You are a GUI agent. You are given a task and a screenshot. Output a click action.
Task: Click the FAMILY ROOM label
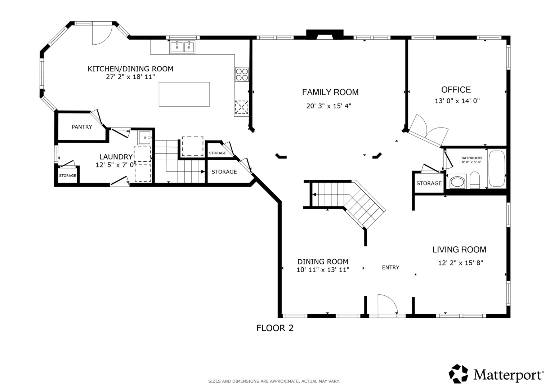(x=330, y=92)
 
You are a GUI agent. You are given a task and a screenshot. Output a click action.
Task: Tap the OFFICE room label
(x=456, y=90)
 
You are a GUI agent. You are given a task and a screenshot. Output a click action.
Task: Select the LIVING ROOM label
(x=459, y=250)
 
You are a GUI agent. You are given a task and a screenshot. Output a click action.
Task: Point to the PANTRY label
(x=82, y=127)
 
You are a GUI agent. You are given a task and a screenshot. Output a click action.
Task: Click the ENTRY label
(x=390, y=267)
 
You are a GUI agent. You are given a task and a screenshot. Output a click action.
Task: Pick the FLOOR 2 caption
(x=275, y=328)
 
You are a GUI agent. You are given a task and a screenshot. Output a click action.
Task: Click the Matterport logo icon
(x=458, y=374)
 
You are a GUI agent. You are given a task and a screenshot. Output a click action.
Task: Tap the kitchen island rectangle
(x=184, y=94)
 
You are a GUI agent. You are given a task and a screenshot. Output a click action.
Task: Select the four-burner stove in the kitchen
(x=242, y=75)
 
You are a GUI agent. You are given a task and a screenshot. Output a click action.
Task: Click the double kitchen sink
(x=182, y=47)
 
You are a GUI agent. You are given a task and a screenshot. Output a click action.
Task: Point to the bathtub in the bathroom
(x=497, y=169)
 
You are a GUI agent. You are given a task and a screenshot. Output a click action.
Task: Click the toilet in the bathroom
(x=475, y=180)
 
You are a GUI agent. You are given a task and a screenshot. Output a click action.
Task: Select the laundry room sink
(x=145, y=138)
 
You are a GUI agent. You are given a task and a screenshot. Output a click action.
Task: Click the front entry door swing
(x=388, y=304)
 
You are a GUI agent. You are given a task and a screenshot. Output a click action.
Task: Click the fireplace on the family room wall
(x=325, y=34)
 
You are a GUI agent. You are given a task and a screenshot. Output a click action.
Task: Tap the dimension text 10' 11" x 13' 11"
(x=323, y=270)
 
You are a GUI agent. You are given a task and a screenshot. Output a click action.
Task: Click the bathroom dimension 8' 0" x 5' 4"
(x=471, y=162)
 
